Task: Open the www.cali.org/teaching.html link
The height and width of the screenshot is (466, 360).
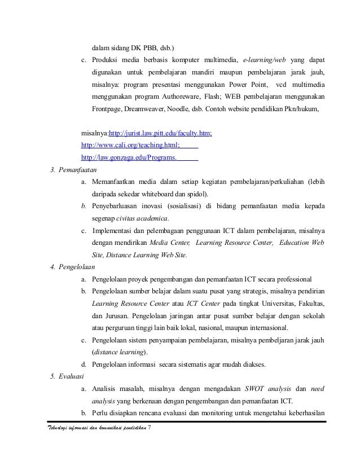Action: pos(130,145)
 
